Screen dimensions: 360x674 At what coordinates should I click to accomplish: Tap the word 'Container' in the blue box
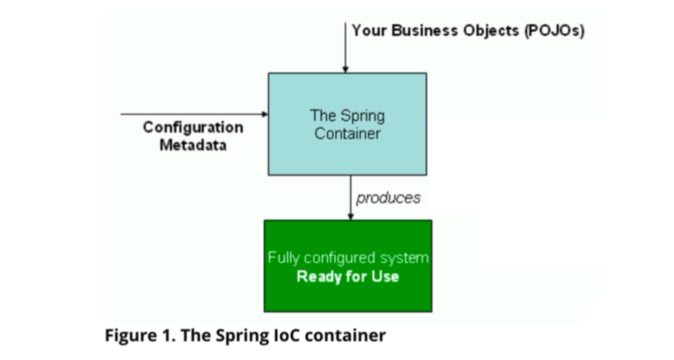click(348, 133)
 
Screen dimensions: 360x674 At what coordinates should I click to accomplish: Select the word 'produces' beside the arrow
click(388, 198)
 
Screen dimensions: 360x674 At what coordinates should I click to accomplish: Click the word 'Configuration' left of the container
click(193, 128)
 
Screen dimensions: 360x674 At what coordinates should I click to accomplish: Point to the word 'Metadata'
click(193, 145)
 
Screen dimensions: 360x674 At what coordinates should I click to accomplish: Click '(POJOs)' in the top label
click(554, 31)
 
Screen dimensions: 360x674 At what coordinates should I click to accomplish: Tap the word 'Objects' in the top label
click(489, 31)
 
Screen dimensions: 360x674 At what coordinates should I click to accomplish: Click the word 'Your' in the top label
click(369, 31)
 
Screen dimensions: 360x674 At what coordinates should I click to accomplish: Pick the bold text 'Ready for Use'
click(348, 276)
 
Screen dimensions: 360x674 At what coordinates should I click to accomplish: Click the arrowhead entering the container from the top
click(345, 68)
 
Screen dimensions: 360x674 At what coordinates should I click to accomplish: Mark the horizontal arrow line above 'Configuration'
click(189, 114)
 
